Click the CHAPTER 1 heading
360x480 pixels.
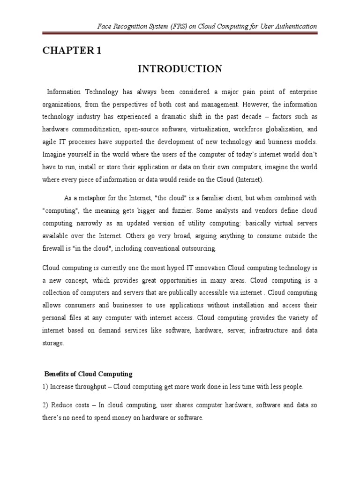[72, 52]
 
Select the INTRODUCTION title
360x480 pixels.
[180, 69]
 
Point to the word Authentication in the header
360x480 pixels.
[294, 26]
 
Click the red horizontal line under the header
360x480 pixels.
[180, 34]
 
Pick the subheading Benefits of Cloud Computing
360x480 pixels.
[88, 374]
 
